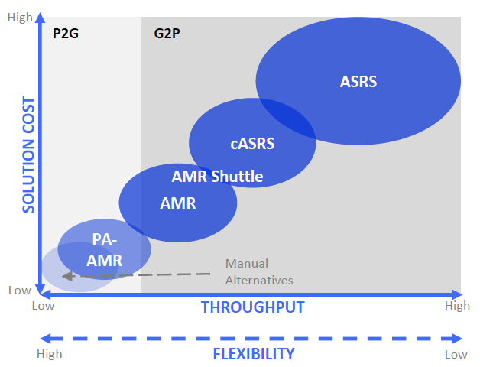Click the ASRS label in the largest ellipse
[x=358, y=81]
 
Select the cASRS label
[x=252, y=143]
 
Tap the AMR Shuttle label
[x=217, y=177]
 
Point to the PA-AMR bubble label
[x=104, y=249]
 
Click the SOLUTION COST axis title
[x=28, y=154]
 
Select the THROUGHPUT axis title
[x=252, y=307]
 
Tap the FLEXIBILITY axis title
[x=253, y=353]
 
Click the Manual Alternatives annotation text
[x=258, y=272]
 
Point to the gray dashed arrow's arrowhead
[x=67, y=276]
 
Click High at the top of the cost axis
[x=20, y=16]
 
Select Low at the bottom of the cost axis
[x=19, y=290]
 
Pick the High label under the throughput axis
[x=457, y=307]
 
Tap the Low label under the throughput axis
[x=44, y=307]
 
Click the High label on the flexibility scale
[x=50, y=354]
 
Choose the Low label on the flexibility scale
[x=456, y=355]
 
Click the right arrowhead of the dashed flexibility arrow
[x=458, y=338]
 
